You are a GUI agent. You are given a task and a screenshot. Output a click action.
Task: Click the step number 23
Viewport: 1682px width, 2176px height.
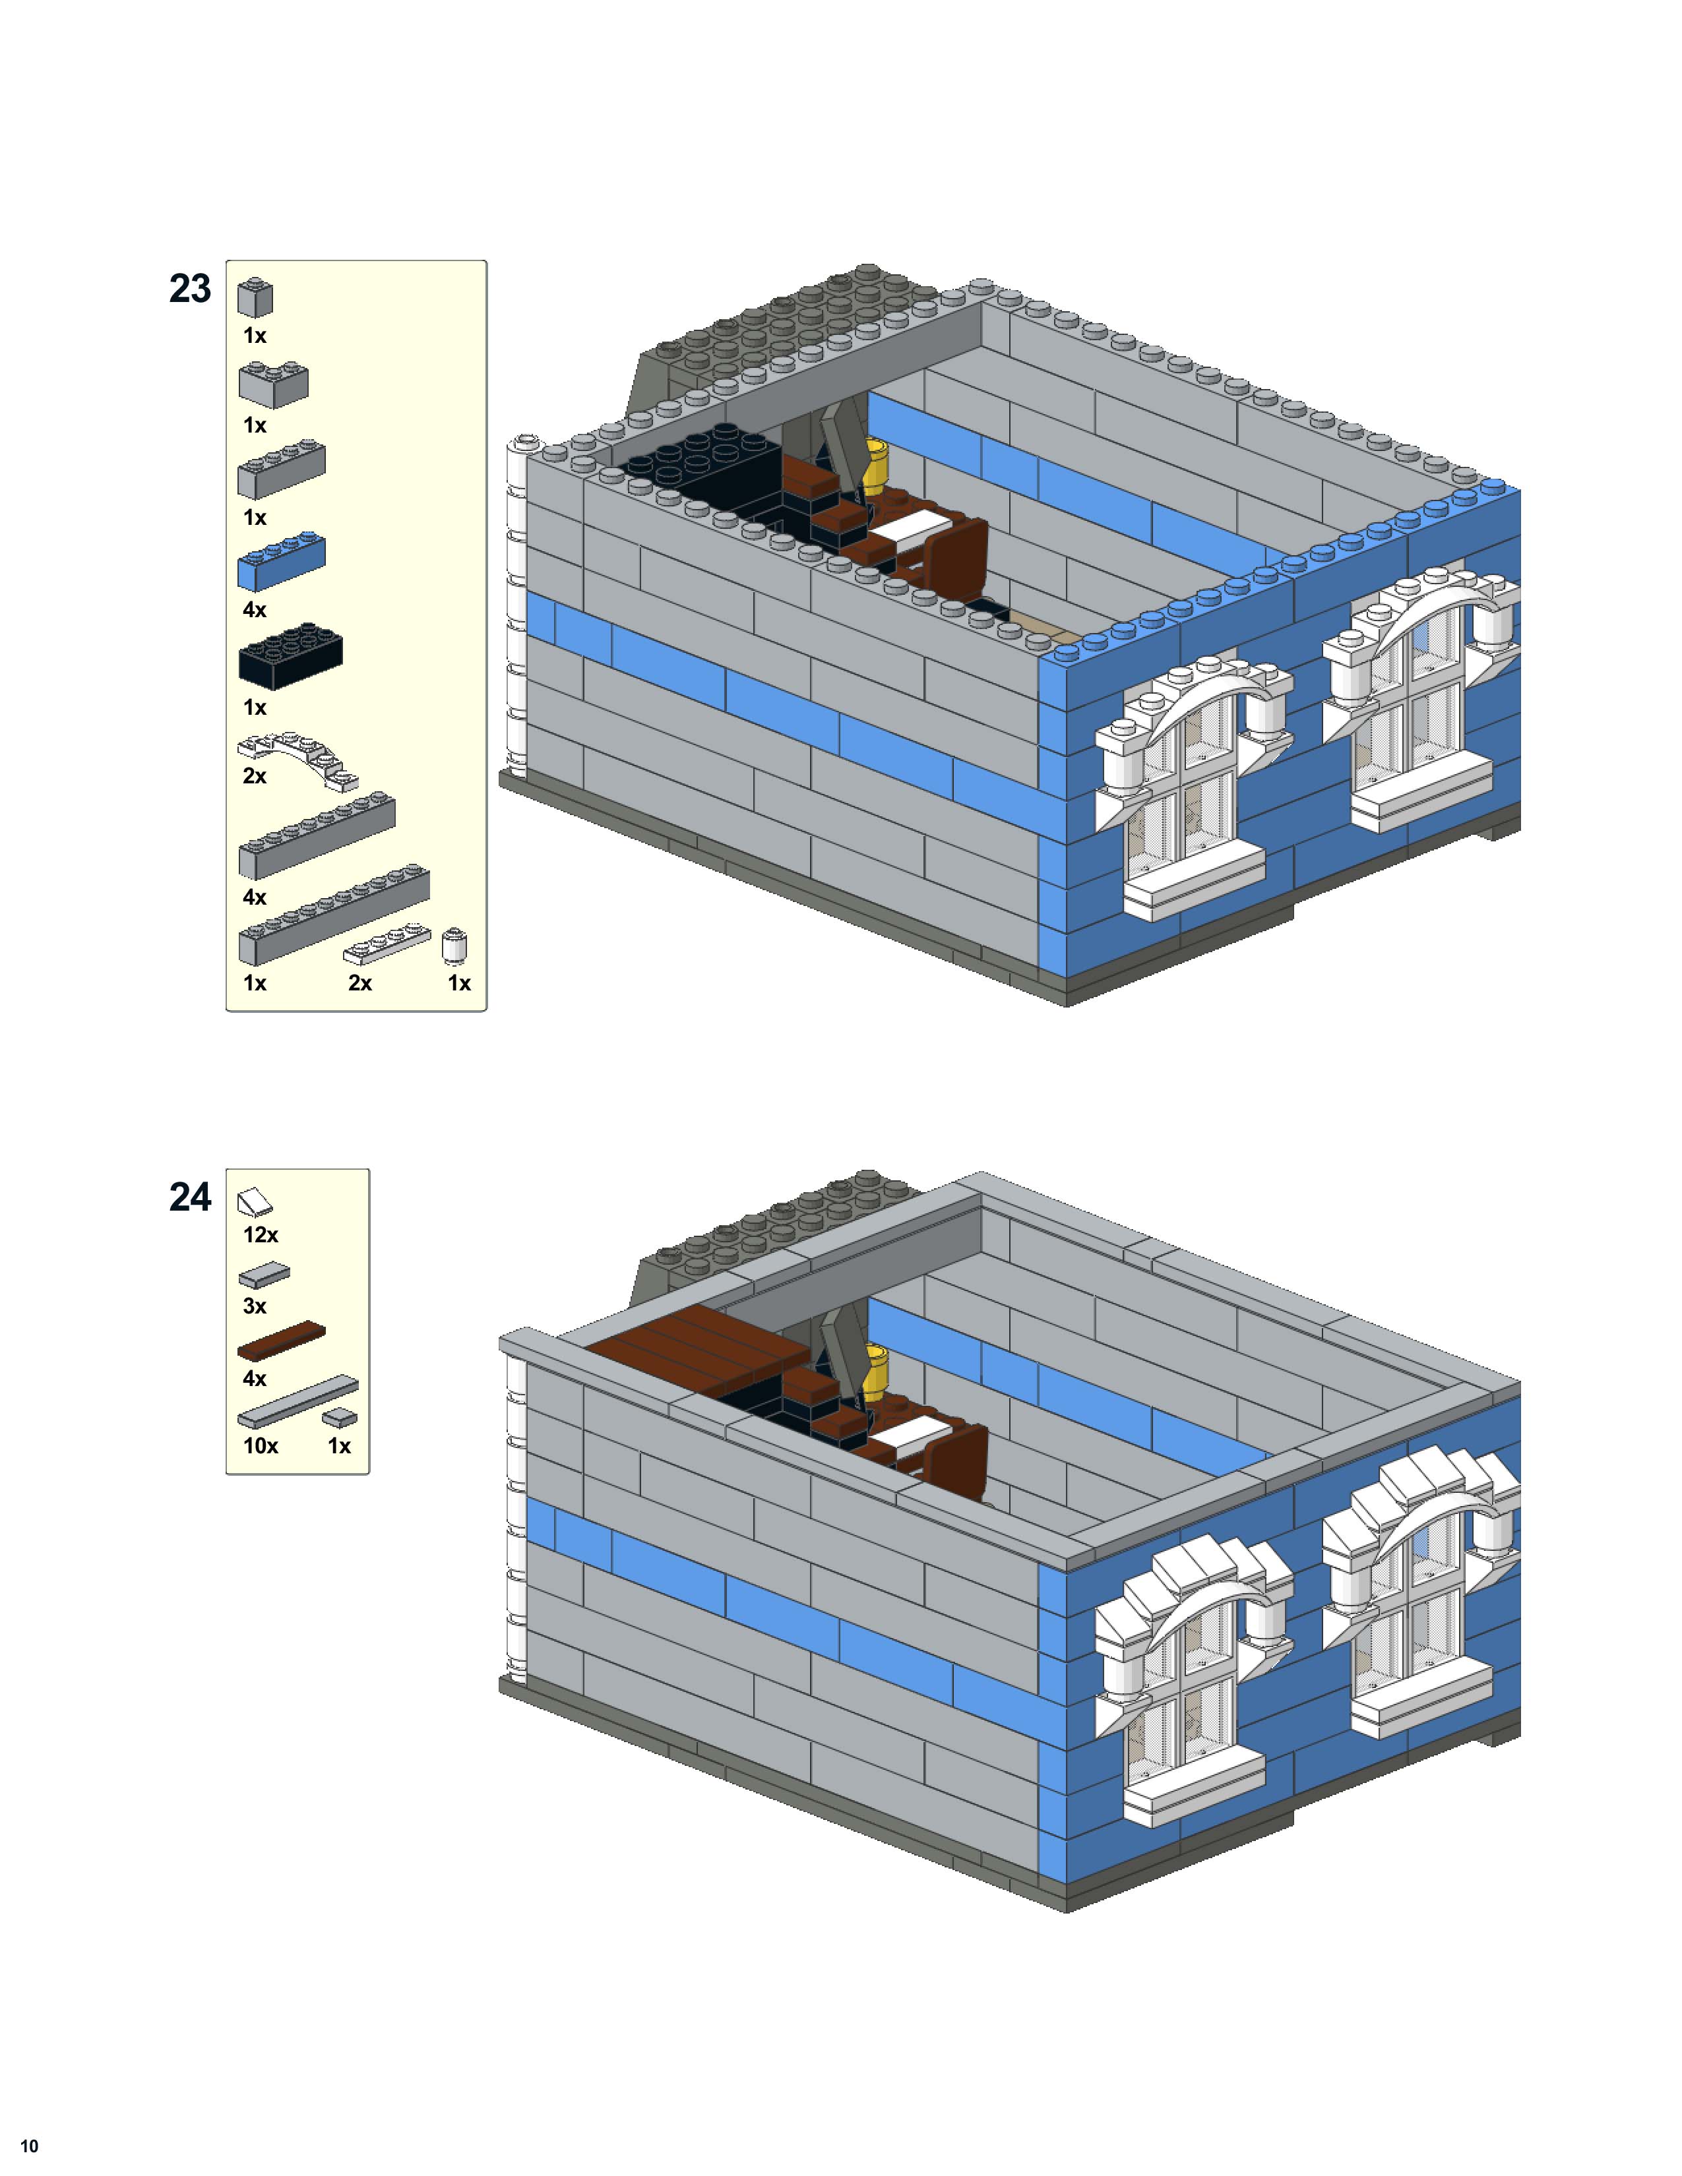[x=191, y=289]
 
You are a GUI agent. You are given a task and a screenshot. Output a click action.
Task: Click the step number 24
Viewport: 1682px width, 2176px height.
[x=191, y=1197]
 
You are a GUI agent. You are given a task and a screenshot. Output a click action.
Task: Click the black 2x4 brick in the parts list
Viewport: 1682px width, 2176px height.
[x=290, y=655]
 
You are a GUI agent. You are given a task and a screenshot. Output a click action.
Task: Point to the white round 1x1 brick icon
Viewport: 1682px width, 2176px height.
[x=454, y=946]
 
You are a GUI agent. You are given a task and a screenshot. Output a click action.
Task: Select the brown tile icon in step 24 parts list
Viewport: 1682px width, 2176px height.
[x=281, y=1341]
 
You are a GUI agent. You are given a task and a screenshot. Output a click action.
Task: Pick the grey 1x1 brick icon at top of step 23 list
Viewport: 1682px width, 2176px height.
[x=255, y=297]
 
